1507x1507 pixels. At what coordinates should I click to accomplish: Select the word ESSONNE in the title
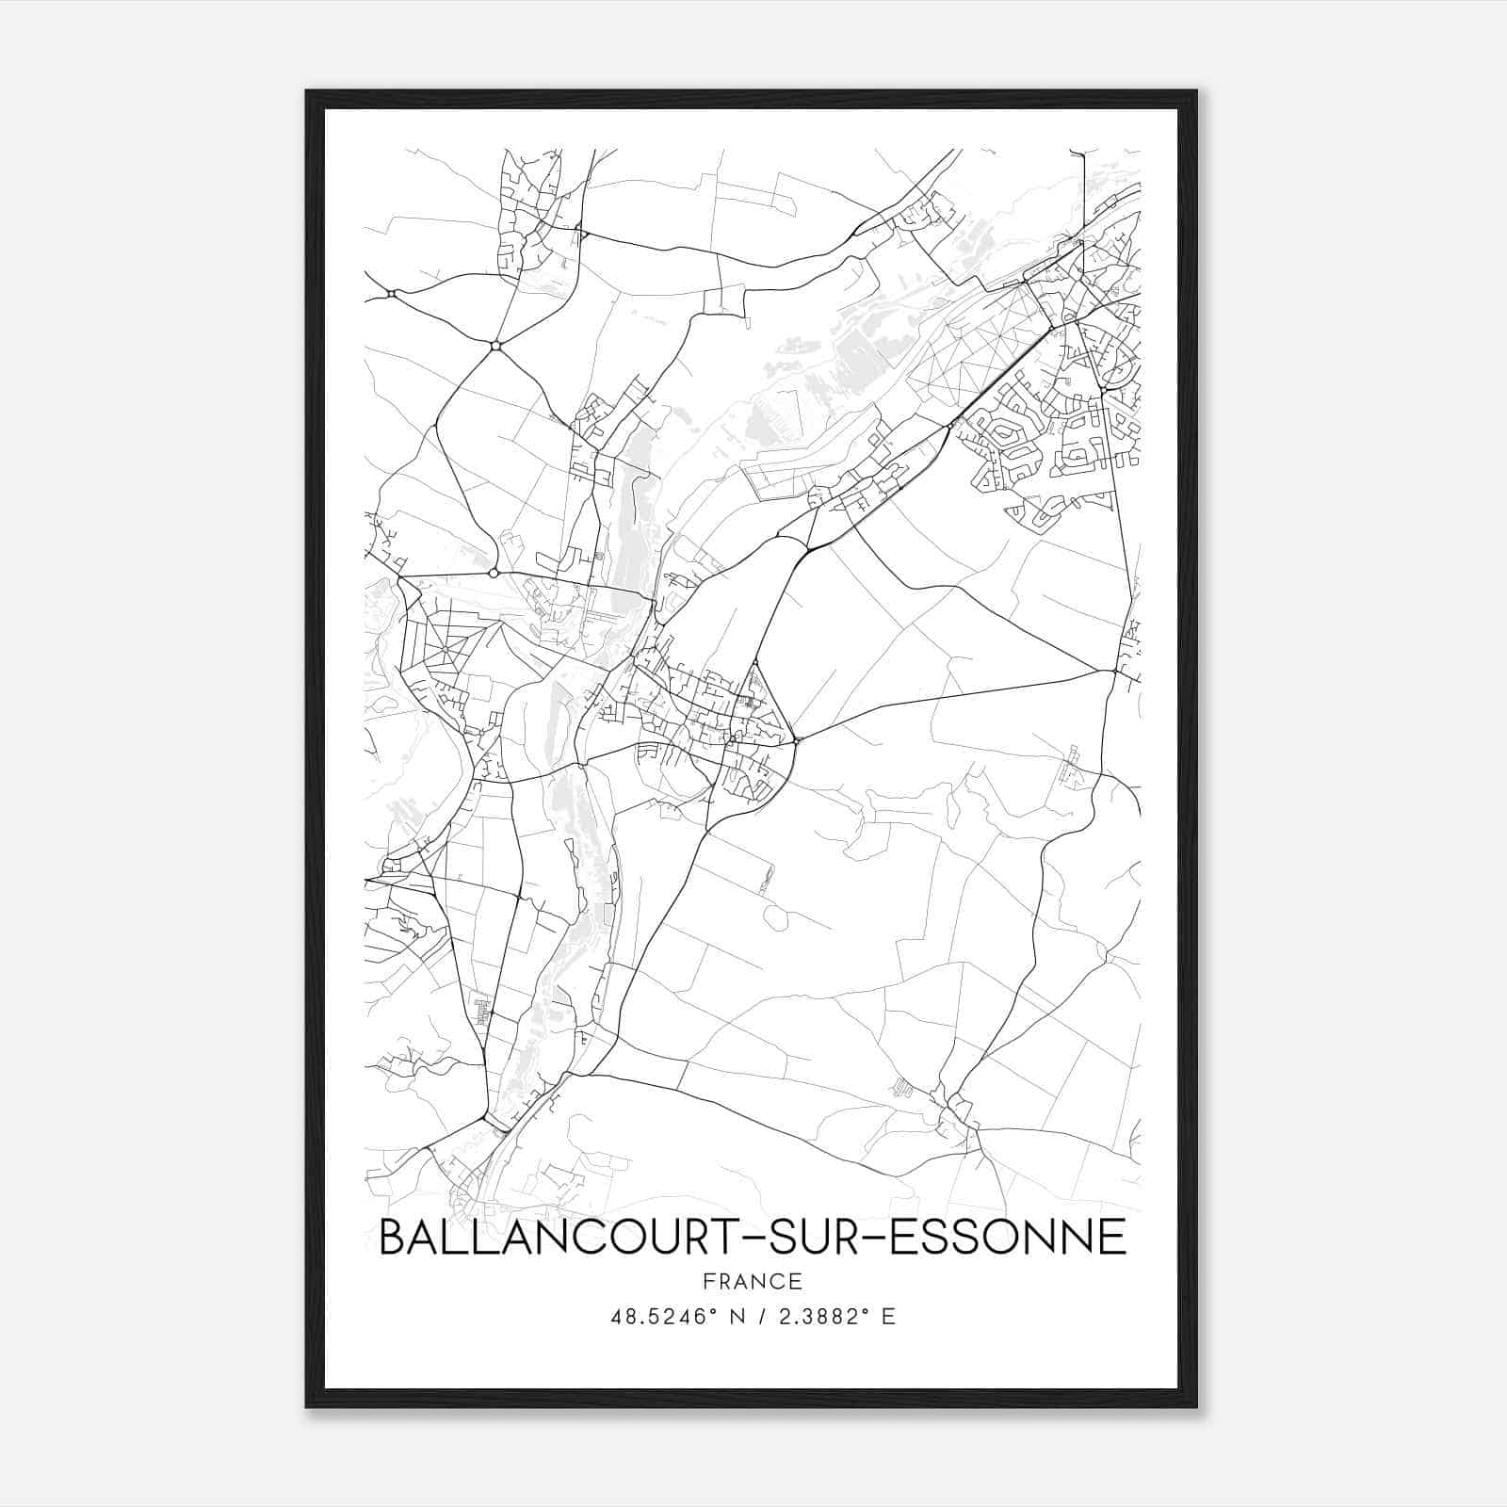click(x=1009, y=1237)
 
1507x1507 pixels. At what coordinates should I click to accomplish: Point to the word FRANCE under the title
click(x=752, y=1282)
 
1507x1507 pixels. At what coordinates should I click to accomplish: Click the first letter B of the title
click(x=391, y=1237)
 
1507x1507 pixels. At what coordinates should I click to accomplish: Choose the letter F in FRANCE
click(x=707, y=1282)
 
